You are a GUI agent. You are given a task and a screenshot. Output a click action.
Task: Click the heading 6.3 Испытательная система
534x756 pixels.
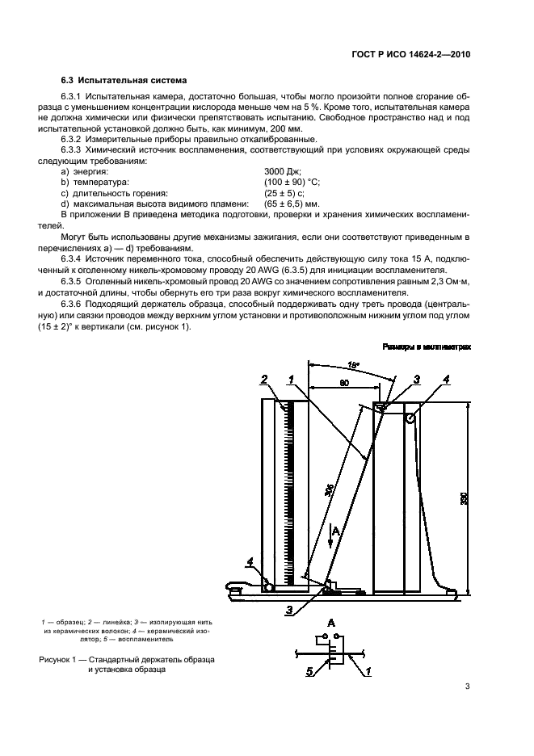(124, 81)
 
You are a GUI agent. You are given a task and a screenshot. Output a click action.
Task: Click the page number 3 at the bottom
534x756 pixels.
(468, 687)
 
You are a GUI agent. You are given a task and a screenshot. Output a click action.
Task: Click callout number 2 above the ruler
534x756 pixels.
(263, 379)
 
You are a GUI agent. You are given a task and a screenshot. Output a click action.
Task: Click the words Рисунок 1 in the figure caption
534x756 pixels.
(61, 660)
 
